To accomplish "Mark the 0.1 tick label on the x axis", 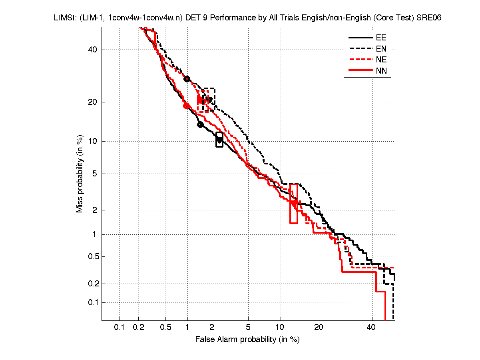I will click(120, 328).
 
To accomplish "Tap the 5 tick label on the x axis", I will click(248, 328).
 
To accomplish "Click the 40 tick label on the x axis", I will click(372, 328).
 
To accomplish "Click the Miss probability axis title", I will click(80, 174).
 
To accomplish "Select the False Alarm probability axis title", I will click(247, 340).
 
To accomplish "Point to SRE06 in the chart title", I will click(430, 18).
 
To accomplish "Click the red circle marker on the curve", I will click(186, 106).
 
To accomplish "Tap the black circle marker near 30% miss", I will click(187, 79).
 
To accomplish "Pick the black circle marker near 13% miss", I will click(200, 125).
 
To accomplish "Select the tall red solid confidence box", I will click(293, 204).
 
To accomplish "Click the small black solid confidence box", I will click(219, 140).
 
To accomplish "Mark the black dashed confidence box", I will click(209, 99).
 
